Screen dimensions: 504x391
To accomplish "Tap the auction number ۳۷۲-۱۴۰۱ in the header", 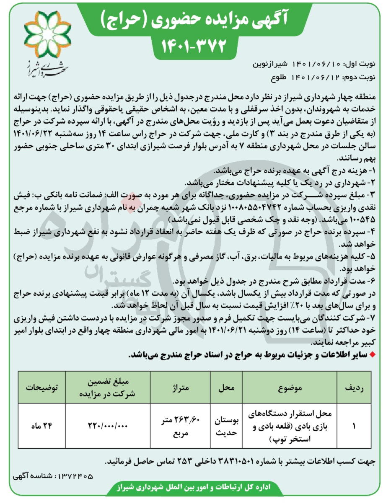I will pos(194,44).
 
